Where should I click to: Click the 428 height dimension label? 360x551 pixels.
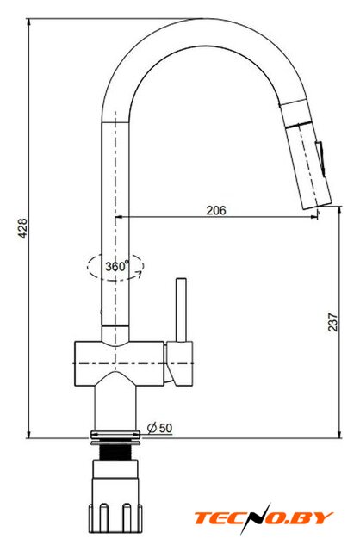(x=22, y=229)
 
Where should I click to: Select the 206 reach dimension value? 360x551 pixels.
(x=216, y=210)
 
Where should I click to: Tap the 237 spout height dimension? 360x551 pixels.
(x=332, y=321)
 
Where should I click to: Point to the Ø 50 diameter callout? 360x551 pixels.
(x=160, y=428)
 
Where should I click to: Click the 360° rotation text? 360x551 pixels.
(x=117, y=266)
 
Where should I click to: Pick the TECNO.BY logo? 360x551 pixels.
(x=264, y=518)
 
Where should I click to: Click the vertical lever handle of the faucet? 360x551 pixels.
(x=182, y=310)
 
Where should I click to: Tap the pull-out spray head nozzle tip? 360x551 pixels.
(x=318, y=206)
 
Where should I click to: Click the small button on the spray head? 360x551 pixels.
(x=321, y=157)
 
